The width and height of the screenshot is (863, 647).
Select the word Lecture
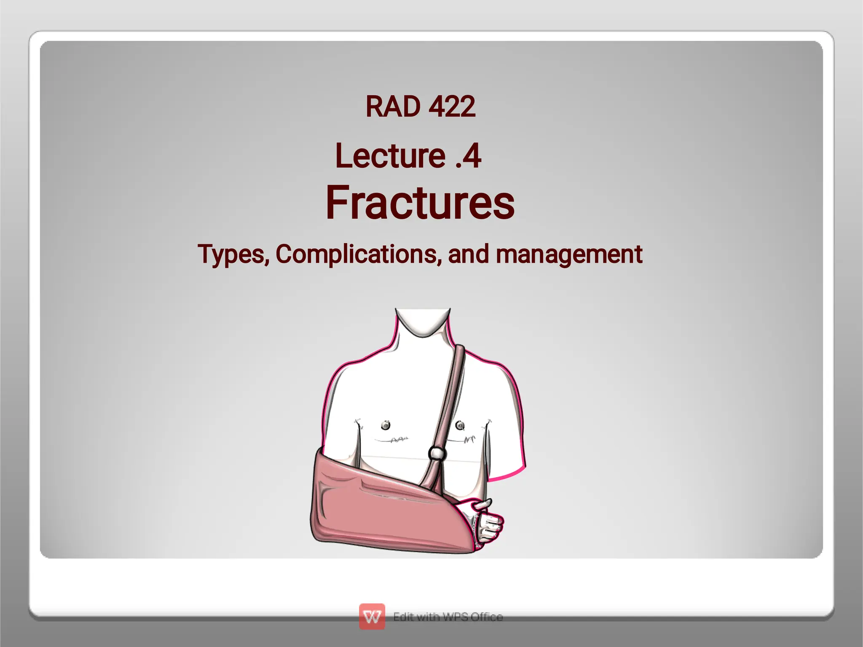(x=390, y=156)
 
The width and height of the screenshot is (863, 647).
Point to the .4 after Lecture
(x=468, y=156)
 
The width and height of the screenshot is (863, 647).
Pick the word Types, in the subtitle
(x=233, y=254)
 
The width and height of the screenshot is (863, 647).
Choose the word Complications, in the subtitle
(x=359, y=254)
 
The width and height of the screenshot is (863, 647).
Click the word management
(x=569, y=254)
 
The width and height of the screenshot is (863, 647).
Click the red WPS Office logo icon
(x=372, y=616)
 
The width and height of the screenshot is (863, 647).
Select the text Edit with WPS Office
(x=448, y=617)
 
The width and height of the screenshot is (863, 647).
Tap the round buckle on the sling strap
(x=437, y=453)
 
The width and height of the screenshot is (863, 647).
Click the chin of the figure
(x=423, y=329)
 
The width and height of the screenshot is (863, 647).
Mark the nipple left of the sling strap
(x=385, y=425)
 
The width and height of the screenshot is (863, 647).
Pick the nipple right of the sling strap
(x=460, y=425)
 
